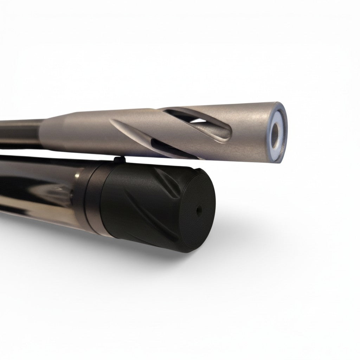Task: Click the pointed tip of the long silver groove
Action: click(112, 121)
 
